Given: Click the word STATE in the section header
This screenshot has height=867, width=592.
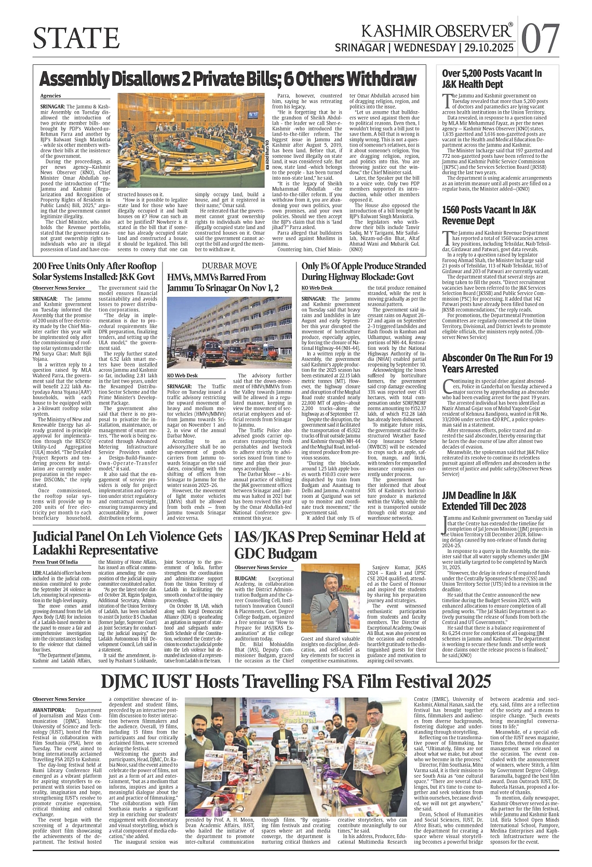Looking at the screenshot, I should [x=76, y=37].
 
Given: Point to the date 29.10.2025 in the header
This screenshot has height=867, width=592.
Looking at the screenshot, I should [x=489, y=48].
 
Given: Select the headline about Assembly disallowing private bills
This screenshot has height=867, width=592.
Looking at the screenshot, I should [x=228, y=79].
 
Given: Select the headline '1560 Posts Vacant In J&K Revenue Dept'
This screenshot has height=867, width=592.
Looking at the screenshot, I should [x=489, y=215].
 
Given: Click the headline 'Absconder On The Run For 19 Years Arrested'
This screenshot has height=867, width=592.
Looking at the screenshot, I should [x=497, y=363].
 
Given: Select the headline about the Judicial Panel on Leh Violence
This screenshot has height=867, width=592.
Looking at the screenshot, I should [x=128, y=543].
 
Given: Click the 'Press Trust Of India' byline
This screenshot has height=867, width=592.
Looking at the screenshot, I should [x=55, y=562].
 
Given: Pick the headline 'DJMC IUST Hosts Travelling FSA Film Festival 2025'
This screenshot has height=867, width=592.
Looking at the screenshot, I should [x=296, y=681].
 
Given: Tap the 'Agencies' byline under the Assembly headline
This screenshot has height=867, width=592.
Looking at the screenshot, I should [x=50, y=96].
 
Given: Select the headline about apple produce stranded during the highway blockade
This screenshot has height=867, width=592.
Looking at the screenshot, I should [x=364, y=272].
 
